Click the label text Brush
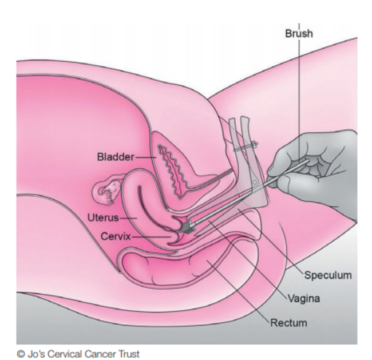click(299, 33)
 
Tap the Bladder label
click(116, 157)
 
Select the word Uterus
click(103, 217)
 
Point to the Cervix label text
click(116, 236)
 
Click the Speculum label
click(328, 275)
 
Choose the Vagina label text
click(304, 298)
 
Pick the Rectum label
click(288, 323)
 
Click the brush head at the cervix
click(187, 227)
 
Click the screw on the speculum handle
click(246, 147)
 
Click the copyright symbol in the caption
click(21, 354)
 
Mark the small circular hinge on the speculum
click(255, 182)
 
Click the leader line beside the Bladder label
click(146, 157)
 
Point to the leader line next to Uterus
click(128, 218)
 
